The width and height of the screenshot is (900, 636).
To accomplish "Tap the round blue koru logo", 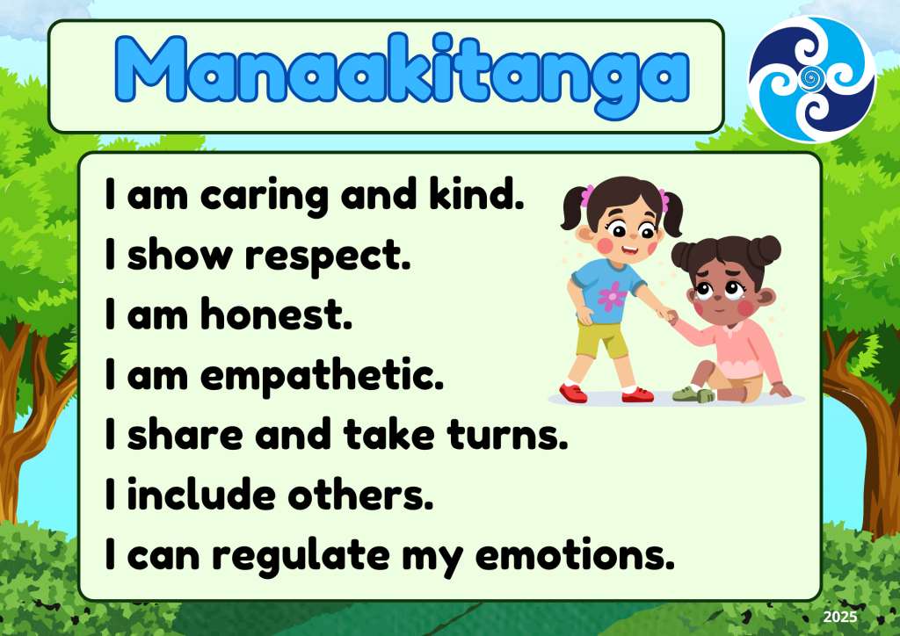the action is pos(811,78).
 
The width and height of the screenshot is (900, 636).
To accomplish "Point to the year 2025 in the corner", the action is pos(839,617).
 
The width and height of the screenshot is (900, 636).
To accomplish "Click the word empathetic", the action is pos(322,376).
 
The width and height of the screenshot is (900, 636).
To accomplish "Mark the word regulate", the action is pos(301,556).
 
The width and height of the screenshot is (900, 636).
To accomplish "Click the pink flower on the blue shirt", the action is pos(612,295).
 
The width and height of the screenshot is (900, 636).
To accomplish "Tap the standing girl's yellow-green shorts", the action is pos(602,338).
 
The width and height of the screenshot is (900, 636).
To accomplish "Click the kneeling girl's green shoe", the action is pos(693,394).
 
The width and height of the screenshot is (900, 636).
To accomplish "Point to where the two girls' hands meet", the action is pos(668,314).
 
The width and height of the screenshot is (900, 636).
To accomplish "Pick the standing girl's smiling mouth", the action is pos(629,249).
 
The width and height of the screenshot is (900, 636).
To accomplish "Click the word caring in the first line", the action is pos(264,196).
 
